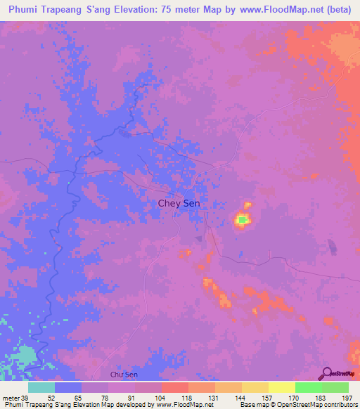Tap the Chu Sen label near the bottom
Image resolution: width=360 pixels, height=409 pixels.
click(124, 375)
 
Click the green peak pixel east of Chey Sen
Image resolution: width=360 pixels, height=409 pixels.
click(242, 221)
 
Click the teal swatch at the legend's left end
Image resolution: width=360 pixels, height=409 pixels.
click(41, 387)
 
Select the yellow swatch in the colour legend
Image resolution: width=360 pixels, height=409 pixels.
click(282, 387)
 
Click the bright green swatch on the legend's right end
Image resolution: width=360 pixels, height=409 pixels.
click(335, 387)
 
